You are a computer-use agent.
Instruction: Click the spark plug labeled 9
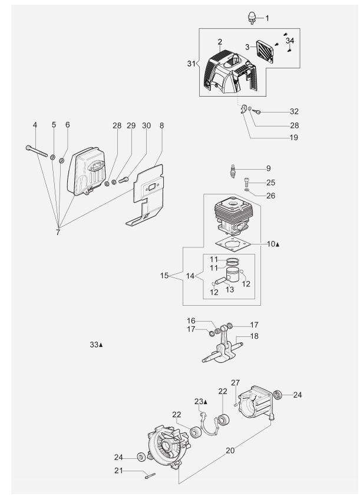[233, 171]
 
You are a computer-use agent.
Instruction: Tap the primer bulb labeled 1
[252, 18]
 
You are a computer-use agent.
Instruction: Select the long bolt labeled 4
[37, 151]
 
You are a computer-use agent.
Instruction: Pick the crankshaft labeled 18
[223, 348]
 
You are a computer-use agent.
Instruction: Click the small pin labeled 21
[151, 475]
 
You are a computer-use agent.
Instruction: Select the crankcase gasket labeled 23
[208, 425]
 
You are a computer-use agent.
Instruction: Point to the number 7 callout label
[58, 233]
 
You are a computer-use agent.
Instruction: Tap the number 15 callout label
[164, 276]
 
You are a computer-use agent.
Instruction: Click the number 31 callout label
[191, 64]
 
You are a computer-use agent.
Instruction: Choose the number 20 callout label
[230, 450]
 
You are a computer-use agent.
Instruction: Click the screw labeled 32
[256, 111]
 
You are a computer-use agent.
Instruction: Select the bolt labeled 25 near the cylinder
[247, 183]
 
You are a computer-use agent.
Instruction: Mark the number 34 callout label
[290, 41]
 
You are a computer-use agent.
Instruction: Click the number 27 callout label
[235, 383]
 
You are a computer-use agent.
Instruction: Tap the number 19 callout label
[293, 137]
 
